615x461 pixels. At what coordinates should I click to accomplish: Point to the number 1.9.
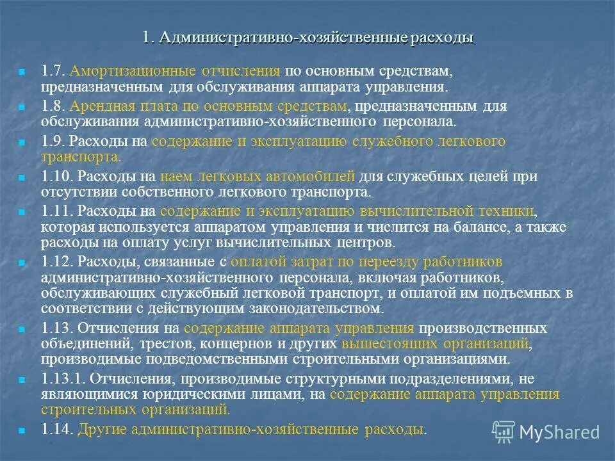click(53, 142)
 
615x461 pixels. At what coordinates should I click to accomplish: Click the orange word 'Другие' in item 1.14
click(102, 429)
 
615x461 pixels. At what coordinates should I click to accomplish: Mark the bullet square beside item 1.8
click(22, 107)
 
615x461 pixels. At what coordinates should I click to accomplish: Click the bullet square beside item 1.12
click(22, 263)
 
